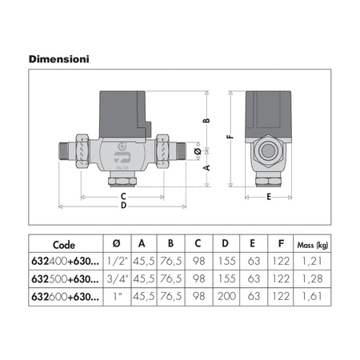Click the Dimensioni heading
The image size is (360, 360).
[59, 59]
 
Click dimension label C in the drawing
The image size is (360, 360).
[123, 197]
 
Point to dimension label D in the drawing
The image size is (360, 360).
[123, 206]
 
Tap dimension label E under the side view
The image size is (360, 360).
[269, 197]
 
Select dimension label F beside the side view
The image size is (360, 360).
[230, 137]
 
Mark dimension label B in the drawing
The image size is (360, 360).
[206, 120]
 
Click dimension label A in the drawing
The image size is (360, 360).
[206, 168]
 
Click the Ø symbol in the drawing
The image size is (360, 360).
[198, 151]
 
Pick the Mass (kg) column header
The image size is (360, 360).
[312, 245]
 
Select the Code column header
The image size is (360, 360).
[64, 245]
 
